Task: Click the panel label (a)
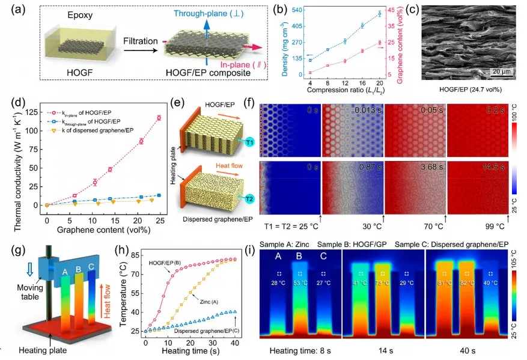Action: pos(13,10)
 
